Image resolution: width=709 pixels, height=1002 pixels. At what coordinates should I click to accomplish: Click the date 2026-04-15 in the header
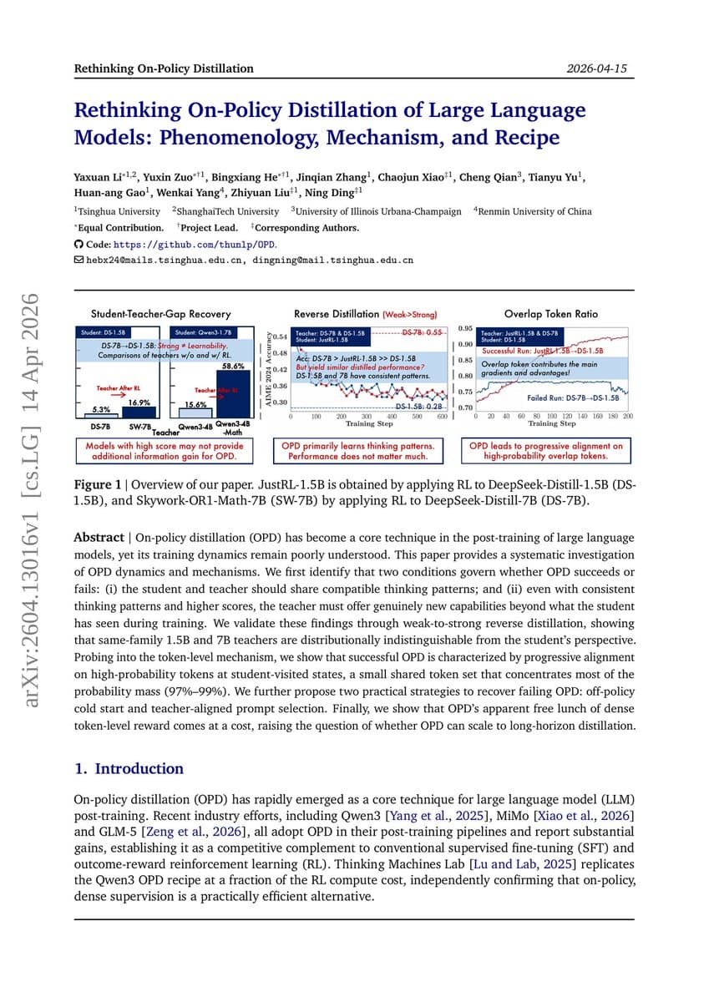(x=596, y=68)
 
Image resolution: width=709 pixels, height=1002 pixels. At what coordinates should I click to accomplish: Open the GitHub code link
(x=195, y=245)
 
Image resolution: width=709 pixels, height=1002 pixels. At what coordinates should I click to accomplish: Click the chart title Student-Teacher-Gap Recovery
(x=160, y=314)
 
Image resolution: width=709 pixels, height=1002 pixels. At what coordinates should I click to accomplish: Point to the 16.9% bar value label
(x=139, y=402)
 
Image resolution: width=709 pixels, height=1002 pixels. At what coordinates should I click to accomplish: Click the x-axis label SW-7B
(x=139, y=427)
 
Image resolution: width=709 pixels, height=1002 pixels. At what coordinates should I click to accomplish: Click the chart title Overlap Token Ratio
(x=551, y=314)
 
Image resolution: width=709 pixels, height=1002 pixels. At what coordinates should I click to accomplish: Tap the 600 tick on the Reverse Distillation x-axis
(x=442, y=416)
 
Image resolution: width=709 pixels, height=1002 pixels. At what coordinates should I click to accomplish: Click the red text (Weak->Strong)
(x=409, y=315)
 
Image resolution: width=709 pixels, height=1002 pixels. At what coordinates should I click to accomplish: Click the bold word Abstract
(x=99, y=538)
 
